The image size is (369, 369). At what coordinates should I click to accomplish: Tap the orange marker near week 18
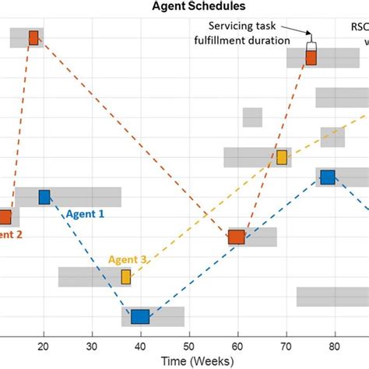click(33, 37)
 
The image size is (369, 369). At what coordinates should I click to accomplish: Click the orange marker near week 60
click(237, 237)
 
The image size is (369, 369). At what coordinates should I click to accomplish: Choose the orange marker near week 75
click(311, 57)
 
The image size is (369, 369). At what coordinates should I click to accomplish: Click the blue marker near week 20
click(44, 197)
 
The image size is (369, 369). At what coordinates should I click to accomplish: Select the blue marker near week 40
click(140, 316)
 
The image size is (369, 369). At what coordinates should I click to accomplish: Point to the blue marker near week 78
click(328, 177)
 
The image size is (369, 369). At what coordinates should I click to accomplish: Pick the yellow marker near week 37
click(125, 276)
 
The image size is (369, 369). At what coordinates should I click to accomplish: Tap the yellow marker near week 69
click(282, 157)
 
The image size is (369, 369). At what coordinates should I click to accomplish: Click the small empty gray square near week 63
click(252, 118)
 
